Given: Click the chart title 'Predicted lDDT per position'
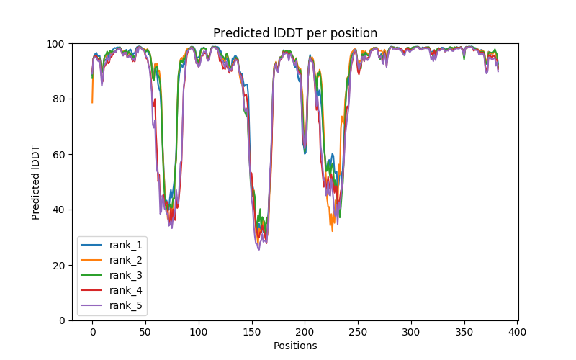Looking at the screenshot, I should tap(294, 33).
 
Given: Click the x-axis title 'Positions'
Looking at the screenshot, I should tap(295, 346).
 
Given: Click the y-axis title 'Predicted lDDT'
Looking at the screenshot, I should tap(36, 182).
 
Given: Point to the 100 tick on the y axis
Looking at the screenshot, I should tap(56, 44).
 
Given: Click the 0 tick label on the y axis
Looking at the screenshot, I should tap(62, 320).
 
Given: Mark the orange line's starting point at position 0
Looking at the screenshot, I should tap(92, 102).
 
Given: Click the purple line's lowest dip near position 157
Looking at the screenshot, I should tap(259, 249).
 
